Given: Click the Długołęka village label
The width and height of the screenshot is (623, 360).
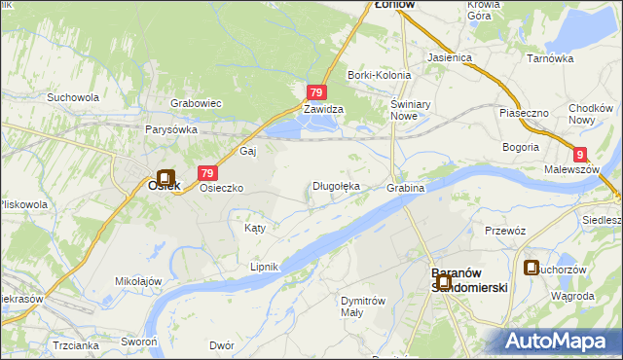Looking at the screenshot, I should (336, 186).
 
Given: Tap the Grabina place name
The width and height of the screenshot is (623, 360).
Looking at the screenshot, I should (406, 187).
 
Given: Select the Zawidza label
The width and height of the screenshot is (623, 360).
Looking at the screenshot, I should (322, 110).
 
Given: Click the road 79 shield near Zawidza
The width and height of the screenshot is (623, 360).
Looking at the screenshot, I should (315, 92).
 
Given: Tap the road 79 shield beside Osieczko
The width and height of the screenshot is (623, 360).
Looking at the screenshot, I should (206, 173).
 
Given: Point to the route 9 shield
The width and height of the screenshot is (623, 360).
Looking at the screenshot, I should (580, 154).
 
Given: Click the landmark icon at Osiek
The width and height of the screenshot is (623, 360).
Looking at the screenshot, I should (165, 179).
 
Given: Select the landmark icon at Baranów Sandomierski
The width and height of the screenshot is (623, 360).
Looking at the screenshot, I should (443, 282).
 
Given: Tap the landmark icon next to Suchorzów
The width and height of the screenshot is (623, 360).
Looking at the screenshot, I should (531, 268).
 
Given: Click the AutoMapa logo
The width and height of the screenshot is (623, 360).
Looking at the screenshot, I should (558, 341).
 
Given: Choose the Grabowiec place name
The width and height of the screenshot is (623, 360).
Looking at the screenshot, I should (197, 102).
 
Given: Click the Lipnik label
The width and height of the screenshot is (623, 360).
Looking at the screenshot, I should (264, 266).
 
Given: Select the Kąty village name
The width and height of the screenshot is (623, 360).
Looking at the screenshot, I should (254, 228).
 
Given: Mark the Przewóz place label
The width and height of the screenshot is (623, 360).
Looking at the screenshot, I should (505, 231).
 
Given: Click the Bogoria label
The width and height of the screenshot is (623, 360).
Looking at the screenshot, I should (521, 147).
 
